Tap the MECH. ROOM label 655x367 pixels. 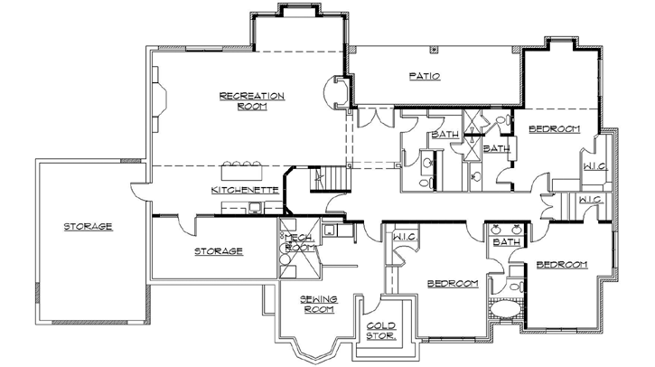(299, 241)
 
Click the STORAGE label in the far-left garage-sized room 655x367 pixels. (88, 226)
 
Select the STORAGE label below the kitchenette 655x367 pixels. (218, 250)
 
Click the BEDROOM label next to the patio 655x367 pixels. (553, 128)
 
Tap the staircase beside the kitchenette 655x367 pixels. (329, 181)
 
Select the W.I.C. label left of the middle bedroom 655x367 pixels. (404, 237)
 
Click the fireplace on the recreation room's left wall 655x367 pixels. (158, 102)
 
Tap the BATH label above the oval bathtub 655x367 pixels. (507, 241)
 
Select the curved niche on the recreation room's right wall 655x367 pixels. (337, 93)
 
